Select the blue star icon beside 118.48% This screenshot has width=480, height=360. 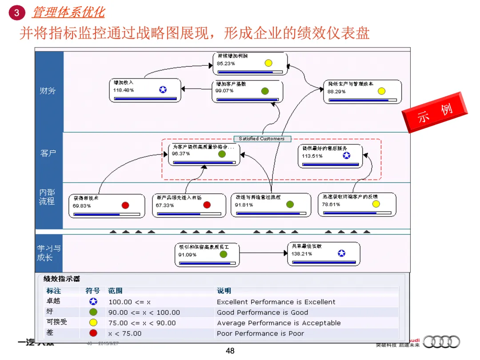click(163, 90)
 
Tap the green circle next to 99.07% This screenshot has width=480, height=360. click(265, 91)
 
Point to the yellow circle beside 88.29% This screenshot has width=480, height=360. click(381, 91)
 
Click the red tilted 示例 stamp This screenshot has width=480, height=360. click(435, 112)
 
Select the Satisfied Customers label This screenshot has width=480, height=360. click(262, 139)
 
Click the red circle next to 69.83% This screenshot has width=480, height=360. click(125, 205)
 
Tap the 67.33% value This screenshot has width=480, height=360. click(165, 205)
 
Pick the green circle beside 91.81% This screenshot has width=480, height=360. click(290, 204)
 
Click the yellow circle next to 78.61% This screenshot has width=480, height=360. click(376, 204)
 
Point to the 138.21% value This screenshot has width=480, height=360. click(302, 254)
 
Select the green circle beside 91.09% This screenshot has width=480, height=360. click(223, 254)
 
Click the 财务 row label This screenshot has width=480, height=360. click(48, 91)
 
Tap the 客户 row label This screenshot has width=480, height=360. click(48, 153)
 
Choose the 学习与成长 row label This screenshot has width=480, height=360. click(48, 253)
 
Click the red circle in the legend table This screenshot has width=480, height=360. click(93, 333)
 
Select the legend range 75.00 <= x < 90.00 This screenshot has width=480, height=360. click(142, 323)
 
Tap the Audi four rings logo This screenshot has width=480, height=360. click(441, 342)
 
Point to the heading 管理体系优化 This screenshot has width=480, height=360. click(68, 12)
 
